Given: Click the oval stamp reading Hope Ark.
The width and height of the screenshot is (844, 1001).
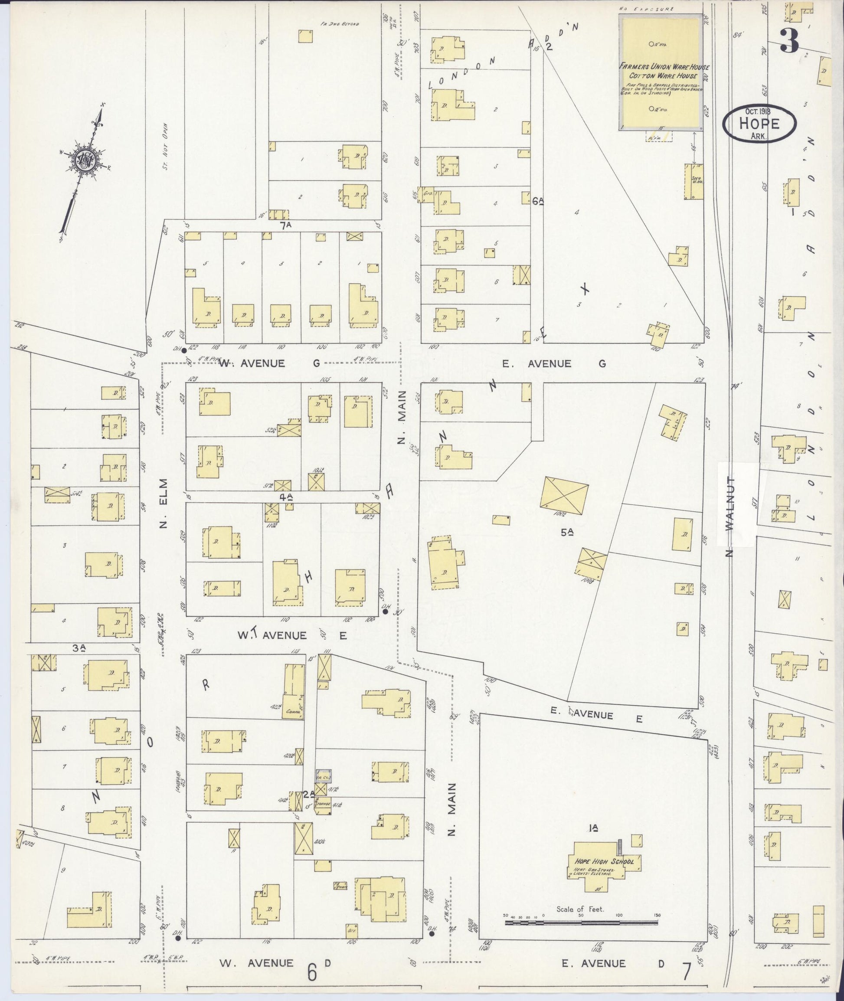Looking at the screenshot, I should click(x=759, y=124).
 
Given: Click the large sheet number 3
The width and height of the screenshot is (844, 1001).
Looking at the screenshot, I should click(x=789, y=41).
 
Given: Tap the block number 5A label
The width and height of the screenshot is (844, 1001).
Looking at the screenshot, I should click(x=567, y=532).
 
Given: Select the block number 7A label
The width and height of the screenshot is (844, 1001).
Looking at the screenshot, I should click(x=286, y=226).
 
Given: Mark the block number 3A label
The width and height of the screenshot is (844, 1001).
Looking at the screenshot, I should click(x=79, y=648).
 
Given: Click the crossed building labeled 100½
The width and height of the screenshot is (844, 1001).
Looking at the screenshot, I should click(x=564, y=496).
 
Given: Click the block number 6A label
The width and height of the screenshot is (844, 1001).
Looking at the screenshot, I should click(x=538, y=201).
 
